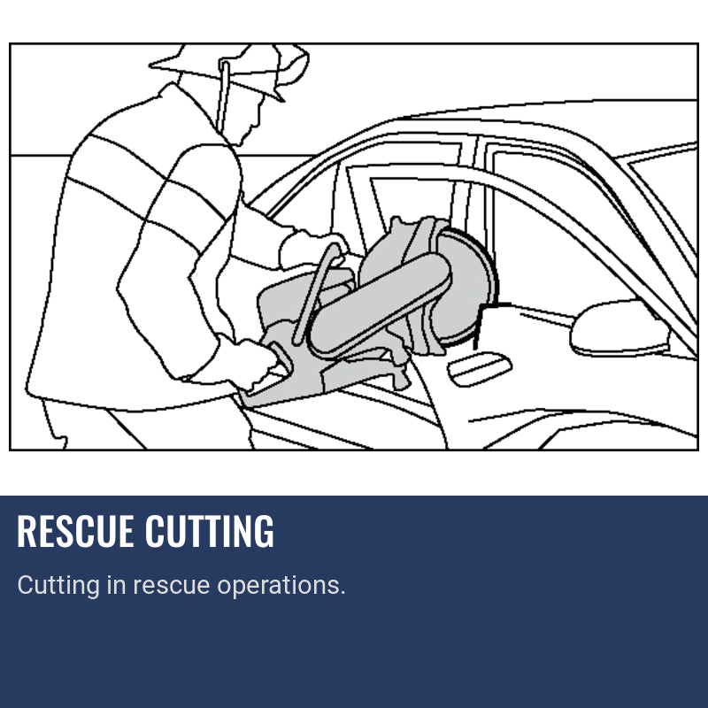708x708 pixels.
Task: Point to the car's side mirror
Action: [614, 328]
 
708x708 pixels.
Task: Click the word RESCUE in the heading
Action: [76, 531]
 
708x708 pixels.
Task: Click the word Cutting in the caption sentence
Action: [58, 585]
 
